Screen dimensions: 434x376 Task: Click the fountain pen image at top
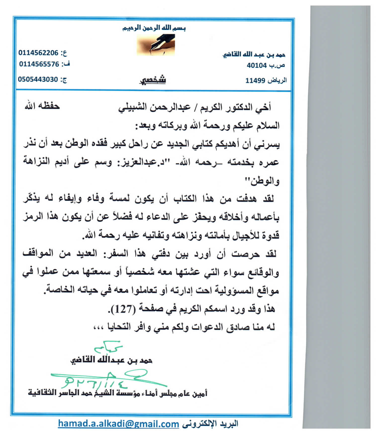coord(156,45)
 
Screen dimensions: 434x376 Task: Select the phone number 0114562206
coord(38,53)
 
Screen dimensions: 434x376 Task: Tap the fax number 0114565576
coord(39,64)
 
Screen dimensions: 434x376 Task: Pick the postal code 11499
coord(255,80)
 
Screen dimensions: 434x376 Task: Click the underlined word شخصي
coord(153,80)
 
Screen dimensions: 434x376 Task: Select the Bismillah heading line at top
coord(154,28)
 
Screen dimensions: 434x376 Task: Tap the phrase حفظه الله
coord(42,106)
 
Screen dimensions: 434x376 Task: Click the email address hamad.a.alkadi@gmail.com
coord(118,424)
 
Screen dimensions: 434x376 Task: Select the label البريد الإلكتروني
coord(210,424)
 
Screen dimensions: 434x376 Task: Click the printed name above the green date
coord(111,360)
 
